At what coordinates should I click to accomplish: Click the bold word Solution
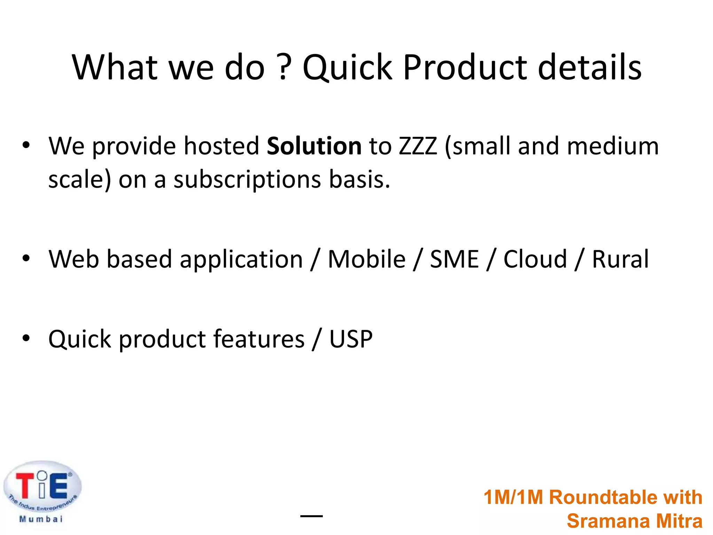coord(314,146)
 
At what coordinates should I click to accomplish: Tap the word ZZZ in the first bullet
coord(417,146)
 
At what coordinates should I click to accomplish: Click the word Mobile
coord(367,259)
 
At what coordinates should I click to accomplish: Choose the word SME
coord(454,259)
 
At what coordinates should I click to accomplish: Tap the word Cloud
coord(535,259)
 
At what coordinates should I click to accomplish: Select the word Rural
coord(620,259)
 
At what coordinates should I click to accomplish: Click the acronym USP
coord(351,339)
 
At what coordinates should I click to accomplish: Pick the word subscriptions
coord(247,180)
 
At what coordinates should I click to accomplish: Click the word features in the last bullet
coord(259,339)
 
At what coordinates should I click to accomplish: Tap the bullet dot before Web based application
coord(26,258)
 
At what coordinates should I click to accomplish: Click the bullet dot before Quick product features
coord(26,338)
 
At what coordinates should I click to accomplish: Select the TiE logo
coord(42,486)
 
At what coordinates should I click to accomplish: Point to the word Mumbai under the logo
coord(41,519)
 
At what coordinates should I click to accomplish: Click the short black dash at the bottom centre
coord(312,516)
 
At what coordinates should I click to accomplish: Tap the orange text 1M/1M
coord(513,497)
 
